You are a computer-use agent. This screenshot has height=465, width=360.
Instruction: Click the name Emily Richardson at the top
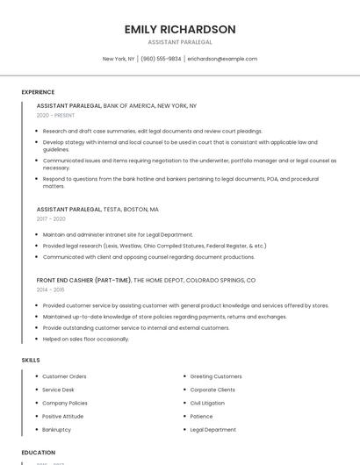click(x=180, y=29)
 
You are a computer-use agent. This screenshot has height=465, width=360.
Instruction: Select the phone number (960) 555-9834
click(x=161, y=59)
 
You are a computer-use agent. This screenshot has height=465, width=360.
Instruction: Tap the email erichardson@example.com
click(x=222, y=59)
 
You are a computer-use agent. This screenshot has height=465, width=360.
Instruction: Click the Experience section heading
click(x=38, y=92)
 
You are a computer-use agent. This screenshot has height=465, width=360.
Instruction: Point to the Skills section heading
click(x=31, y=360)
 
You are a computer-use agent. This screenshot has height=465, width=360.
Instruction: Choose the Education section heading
click(x=39, y=452)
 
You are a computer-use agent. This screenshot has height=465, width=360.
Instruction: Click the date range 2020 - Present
click(x=56, y=115)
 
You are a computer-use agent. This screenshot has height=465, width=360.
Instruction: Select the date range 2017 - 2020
click(x=51, y=218)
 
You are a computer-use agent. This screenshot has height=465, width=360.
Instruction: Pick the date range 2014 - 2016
click(x=50, y=289)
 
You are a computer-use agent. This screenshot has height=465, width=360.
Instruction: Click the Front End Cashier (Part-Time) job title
click(x=83, y=280)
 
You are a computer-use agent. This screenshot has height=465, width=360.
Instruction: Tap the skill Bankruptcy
click(x=56, y=430)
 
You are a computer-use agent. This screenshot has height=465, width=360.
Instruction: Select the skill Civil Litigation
click(x=207, y=403)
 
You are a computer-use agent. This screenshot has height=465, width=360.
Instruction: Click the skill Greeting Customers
click(x=216, y=376)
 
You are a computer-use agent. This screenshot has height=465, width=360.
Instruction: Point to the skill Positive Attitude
click(x=62, y=416)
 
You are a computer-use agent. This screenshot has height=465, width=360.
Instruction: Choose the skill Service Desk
click(x=58, y=390)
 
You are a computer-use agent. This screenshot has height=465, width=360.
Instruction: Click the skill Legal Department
click(x=212, y=430)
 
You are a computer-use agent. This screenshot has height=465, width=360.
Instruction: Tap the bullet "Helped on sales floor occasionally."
click(x=85, y=339)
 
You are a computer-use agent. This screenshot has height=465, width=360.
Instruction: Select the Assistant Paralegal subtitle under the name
click(x=180, y=42)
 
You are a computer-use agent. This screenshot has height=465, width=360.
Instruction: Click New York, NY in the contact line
click(x=119, y=59)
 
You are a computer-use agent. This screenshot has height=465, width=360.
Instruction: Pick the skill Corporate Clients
click(x=212, y=390)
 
